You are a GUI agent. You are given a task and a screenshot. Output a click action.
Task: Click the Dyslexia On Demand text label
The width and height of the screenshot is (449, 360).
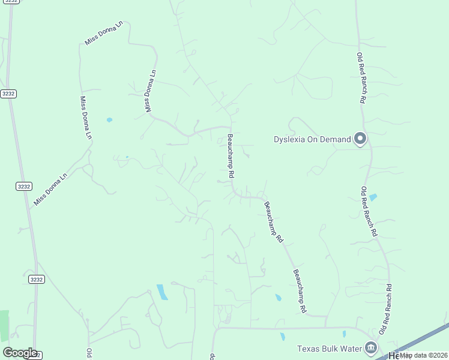(x=312, y=140)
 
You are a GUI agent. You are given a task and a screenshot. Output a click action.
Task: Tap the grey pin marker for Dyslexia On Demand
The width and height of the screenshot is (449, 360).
(x=360, y=139)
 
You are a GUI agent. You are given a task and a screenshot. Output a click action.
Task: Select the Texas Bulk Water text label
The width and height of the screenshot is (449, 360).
(x=330, y=349)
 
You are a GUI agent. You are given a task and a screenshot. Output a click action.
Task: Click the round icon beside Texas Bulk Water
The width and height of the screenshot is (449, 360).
(x=371, y=347)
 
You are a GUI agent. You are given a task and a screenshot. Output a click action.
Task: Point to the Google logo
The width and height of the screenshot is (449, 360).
(x=20, y=353)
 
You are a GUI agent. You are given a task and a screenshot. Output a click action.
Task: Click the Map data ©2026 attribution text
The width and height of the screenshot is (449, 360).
(x=424, y=355)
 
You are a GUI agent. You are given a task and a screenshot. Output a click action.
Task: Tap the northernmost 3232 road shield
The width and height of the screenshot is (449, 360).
(x=8, y=94)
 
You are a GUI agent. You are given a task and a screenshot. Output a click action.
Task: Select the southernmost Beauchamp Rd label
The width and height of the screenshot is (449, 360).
(x=300, y=292)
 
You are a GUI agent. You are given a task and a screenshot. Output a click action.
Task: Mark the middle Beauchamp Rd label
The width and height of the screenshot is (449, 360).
(x=273, y=221)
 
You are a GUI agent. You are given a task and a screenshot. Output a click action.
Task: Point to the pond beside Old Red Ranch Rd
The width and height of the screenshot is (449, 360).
(x=373, y=197)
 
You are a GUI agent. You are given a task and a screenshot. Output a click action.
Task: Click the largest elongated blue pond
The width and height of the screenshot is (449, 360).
(x=162, y=292)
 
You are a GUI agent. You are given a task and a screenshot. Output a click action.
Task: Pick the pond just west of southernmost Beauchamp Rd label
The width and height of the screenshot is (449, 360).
(x=278, y=298)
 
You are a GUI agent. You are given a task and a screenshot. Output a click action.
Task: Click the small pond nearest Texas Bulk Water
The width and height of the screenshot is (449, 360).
(x=344, y=334)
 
